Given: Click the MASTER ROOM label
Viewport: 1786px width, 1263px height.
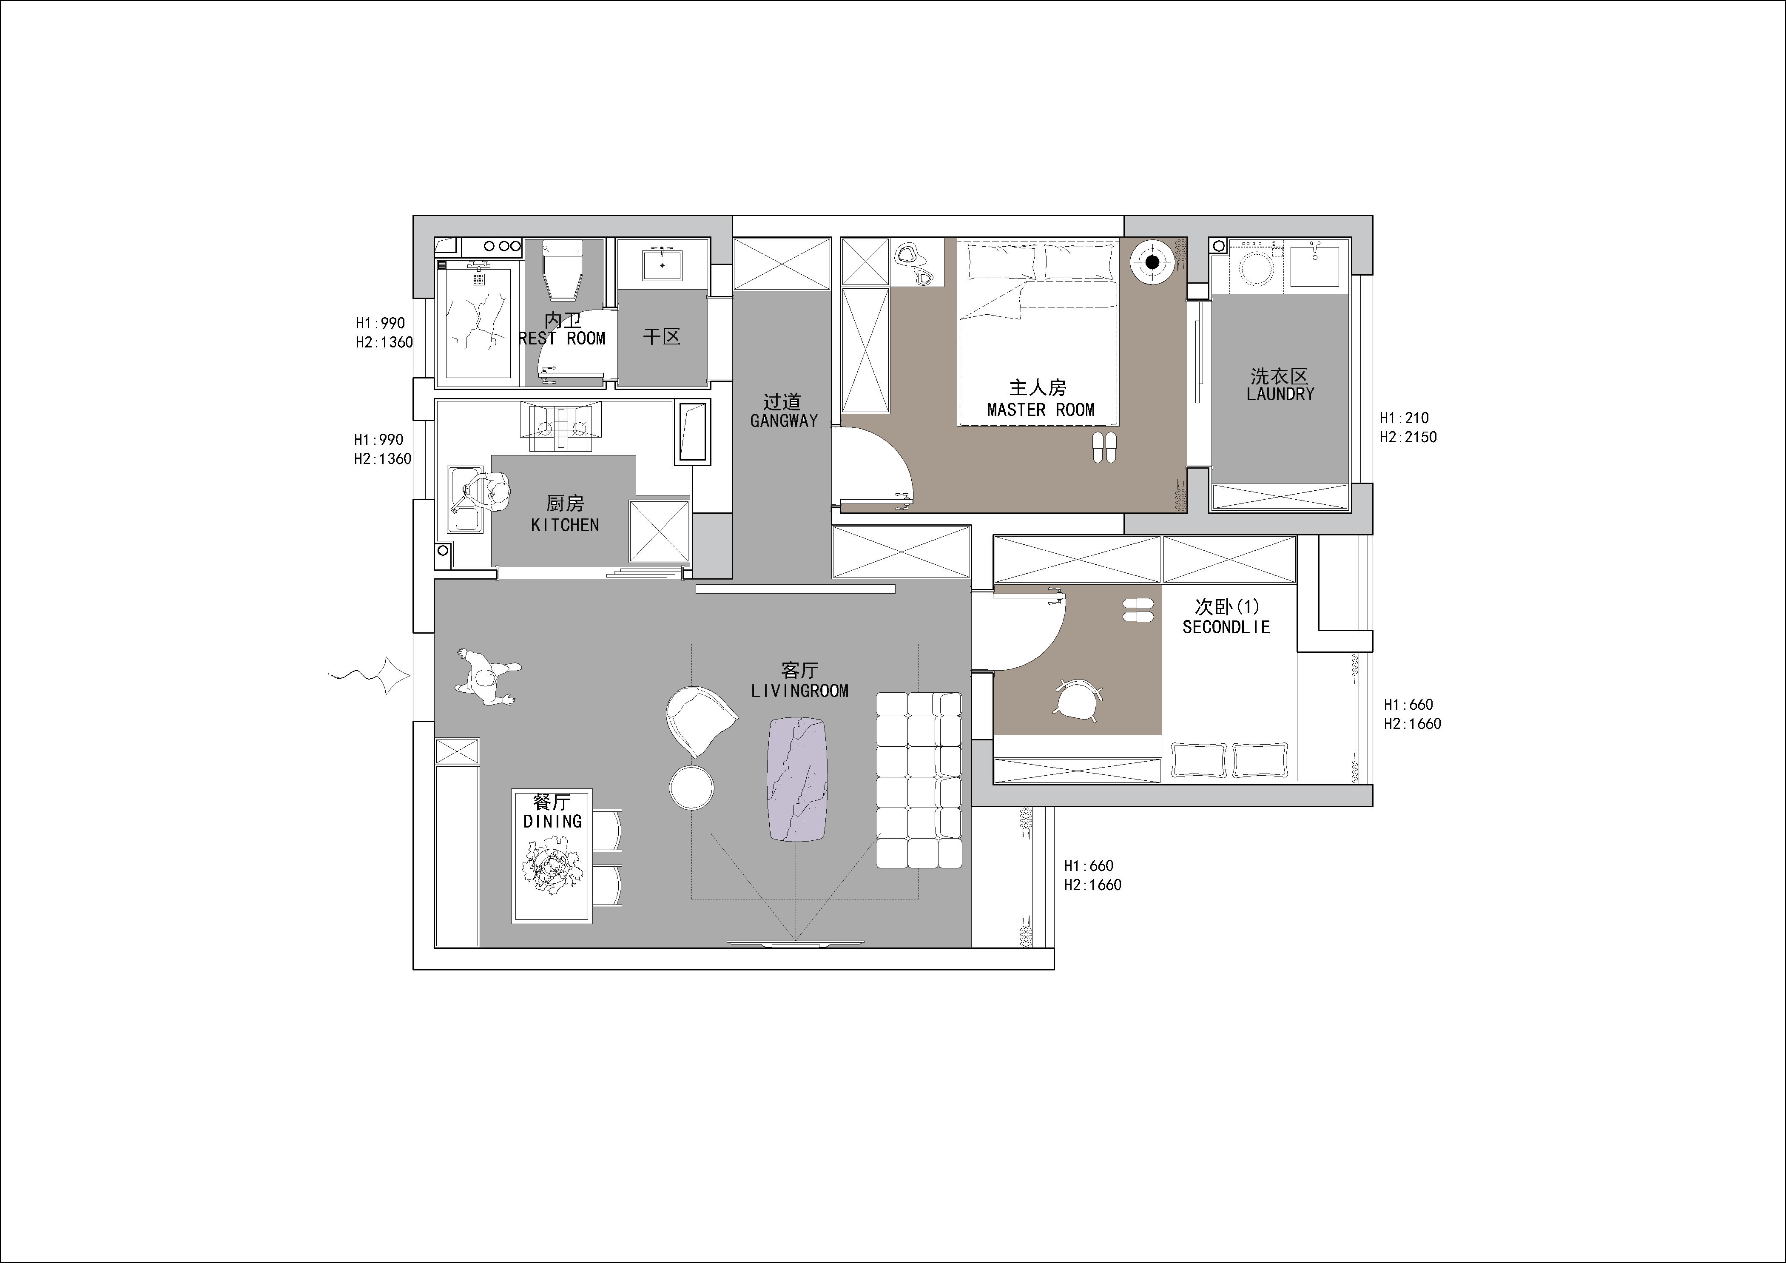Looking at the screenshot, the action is tap(1041, 410).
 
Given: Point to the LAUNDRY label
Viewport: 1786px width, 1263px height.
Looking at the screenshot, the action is tap(1280, 394).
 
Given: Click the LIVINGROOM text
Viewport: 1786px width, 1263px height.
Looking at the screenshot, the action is tap(799, 691).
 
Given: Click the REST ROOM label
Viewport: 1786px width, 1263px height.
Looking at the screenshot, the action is tap(562, 339).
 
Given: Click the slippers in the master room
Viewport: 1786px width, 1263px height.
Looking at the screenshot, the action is tap(1103, 447).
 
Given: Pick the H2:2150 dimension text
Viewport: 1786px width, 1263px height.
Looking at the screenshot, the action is tap(1408, 437).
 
